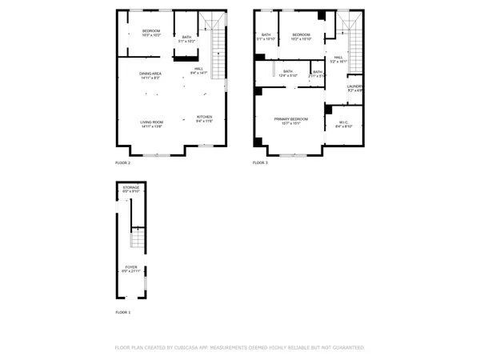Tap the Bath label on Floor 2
[186, 38]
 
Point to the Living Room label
[151, 123]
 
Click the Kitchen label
[206, 118]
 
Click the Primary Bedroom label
[286, 120]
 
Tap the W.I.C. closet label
[343, 123]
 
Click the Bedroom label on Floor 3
[301, 36]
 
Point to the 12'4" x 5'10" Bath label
[288, 73]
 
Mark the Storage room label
[131, 189]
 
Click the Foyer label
[131, 269]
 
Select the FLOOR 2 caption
[123, 162]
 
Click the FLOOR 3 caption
[261, 162]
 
